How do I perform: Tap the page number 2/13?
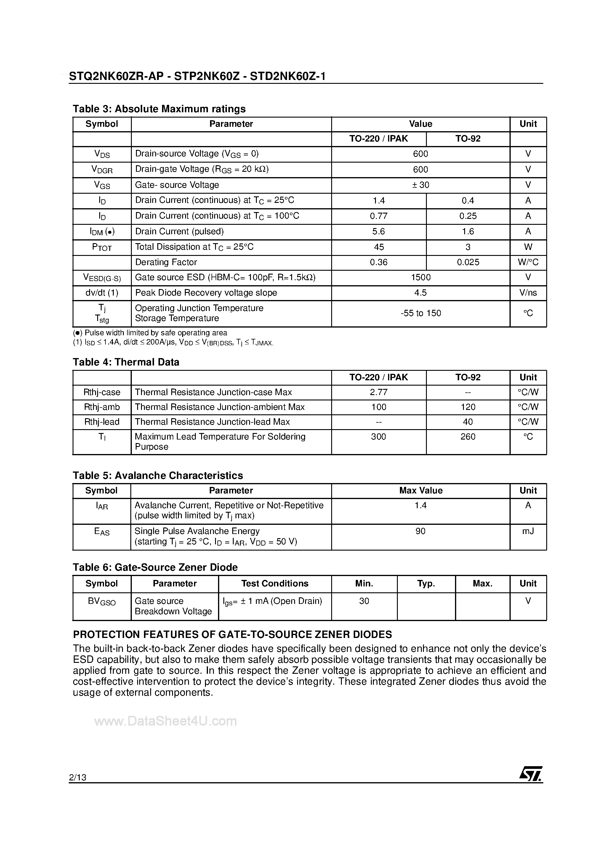(x=78, y=777)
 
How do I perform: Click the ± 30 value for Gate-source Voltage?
(x=420, y=185)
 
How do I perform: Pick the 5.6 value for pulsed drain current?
(x=379, y=231)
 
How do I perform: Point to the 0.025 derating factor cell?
(x=468, y=262)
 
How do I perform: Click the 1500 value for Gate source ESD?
(x=420, y=277)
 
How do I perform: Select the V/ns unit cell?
(x=528, y=293)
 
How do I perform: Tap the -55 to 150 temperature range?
(x=420, y=313)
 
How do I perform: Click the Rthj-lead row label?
(x=102, y=422)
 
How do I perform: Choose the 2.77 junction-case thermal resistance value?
(x=379, y=392)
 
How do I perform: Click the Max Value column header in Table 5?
(x=420, y=490)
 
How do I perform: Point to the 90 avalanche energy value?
(x=420, y=531)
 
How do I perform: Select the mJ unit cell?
(x=528, y=531)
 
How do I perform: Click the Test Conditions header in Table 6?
(x=275, y=583)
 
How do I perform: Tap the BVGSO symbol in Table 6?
(x=102, y=601)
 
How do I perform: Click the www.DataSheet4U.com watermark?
(x=165, y=721)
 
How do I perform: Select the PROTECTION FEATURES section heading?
(x=233, y=634)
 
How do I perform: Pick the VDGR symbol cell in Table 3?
(x=102, y=170)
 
